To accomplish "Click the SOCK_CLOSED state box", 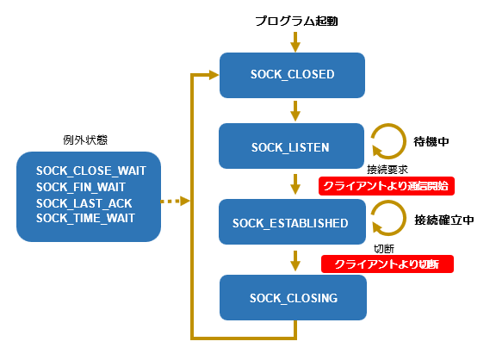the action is pyautogui.click(x=292, y=75).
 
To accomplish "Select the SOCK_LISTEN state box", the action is pyautogui.click(x=291, y=146).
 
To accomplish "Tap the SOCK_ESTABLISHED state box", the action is pyautogui.click(x=292, y=221).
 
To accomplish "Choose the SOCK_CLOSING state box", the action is pyautogui.click(x=294, y=297).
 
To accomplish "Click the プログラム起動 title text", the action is pyautogui.click(x=297, y=22).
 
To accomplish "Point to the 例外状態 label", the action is pyautogui.click(x=85, y=140).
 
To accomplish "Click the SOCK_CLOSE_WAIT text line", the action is pyautogui.click(x=91, y=171).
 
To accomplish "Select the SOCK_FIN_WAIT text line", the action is pyautogui.click(x=81, y=187).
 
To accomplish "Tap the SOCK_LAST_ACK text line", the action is pyautogui.click(x=84, y=203).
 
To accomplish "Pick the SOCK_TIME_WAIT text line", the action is pyautogui.click(x=85, y=218).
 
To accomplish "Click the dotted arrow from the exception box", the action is pyautogui.click(x=176, y=201).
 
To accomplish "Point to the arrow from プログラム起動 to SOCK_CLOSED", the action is pyautogui.click(x=295, y=42).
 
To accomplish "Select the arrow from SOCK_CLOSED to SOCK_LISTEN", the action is pyautogui.click(x=295, y=111).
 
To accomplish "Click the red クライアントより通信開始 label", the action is pyautogui.click(x=387, y=186).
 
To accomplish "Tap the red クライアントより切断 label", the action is pyautogui.click(x=387, y=264).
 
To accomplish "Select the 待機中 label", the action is pyautogui.click(x=431, y=141).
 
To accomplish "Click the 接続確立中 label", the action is pyautogui.click(x=444, y=220).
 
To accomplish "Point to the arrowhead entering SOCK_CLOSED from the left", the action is pyautogui.click(x=214, y=75).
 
